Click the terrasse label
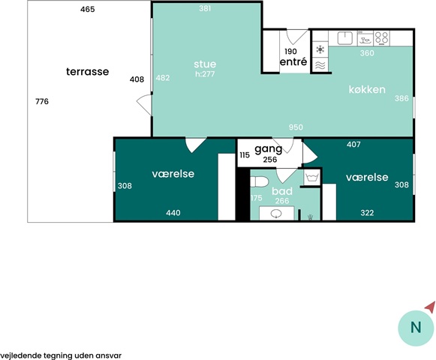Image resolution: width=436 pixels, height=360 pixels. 87,72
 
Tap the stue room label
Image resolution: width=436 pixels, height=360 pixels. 205,64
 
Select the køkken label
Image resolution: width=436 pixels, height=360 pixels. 367,89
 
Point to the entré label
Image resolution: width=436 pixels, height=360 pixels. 293,61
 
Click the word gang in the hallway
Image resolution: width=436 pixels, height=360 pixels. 269,149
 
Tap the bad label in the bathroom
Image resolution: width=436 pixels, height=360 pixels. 282,191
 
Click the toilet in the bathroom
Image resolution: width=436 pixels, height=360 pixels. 259,181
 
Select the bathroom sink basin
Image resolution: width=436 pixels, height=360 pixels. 276,214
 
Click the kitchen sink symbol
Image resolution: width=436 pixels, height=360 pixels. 345,38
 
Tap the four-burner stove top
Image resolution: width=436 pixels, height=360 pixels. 381,38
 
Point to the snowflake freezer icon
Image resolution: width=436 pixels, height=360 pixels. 320,49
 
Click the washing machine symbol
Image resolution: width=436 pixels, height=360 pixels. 312,177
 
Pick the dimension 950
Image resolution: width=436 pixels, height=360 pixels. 296,127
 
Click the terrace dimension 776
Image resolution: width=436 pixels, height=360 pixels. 42,101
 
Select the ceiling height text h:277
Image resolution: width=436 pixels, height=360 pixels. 205,74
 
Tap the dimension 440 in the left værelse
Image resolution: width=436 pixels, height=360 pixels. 173,213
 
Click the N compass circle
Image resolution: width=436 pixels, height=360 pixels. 416,328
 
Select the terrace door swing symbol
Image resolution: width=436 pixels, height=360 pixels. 145,105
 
